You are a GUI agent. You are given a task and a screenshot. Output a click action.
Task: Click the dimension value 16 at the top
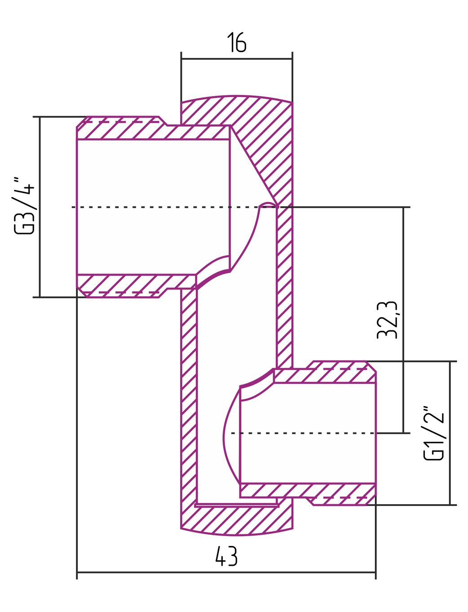[x=237, y=42]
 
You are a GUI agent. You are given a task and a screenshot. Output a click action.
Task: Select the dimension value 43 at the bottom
[x=226, y=556]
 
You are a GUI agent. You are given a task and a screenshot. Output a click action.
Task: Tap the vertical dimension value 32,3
[x=387, y=320]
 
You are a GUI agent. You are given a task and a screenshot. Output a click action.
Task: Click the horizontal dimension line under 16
[x=237, y=59]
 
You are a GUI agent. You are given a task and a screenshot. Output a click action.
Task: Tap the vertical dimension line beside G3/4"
[x=40, y=207]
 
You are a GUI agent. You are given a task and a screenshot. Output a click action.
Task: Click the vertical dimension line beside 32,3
[x=403, y=320]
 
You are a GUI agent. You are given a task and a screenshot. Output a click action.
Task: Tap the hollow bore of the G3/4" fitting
[x=153, y=207]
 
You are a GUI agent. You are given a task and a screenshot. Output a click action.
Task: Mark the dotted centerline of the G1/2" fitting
[x=304, y=433]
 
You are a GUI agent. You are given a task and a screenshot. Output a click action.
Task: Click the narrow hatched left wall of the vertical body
[x=189, y=396]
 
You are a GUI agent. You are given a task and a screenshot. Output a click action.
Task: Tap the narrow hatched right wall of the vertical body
[x=285, y=287]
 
